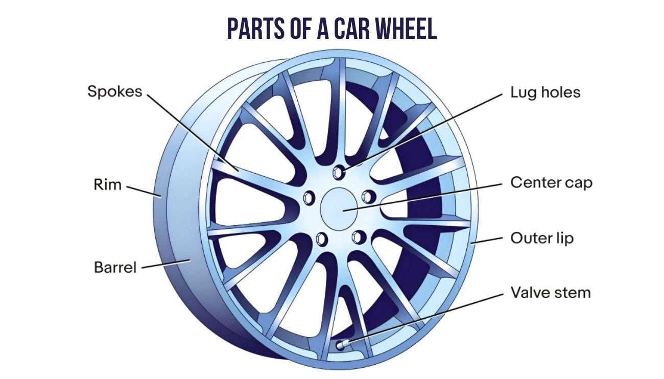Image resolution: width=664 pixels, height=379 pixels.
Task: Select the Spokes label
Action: [114, 92]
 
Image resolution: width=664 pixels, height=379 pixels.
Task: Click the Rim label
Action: [108, 184]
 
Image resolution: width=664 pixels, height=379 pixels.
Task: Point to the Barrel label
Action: [115, 267]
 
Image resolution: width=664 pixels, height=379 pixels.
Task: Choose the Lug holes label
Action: [546, 92]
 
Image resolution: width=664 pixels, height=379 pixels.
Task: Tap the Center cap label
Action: [551, 182]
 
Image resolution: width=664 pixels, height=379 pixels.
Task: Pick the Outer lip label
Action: [542, 238]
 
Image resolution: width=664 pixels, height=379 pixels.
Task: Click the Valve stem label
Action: [550, 293]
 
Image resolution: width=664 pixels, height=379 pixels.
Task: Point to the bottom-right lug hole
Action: [359, 236]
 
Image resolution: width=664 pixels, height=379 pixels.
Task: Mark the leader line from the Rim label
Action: [144, 190]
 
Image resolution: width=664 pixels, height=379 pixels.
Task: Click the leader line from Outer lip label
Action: [487, 240]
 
